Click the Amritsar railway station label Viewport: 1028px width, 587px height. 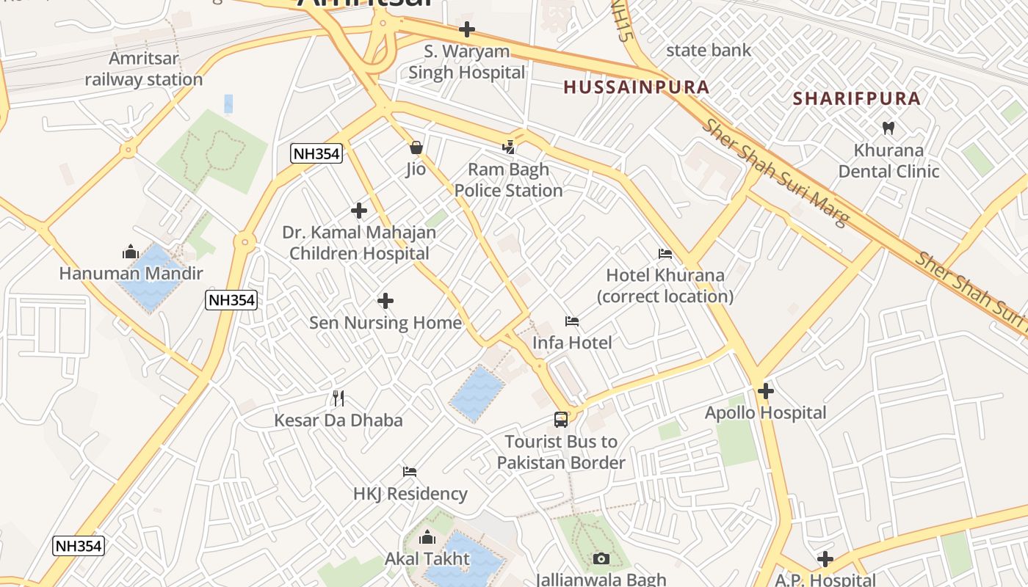(143, 69)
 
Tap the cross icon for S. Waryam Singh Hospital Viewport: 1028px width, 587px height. (466, 30)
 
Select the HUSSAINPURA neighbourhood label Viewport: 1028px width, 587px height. (636, 87)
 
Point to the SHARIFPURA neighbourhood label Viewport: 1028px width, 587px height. (856, 98)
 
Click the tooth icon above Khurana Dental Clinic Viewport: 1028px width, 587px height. (888, 128)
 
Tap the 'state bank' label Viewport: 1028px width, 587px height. (709, 51)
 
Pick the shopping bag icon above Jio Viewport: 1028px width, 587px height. (416, 148)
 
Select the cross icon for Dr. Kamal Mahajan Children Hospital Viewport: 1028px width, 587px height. (359, 211)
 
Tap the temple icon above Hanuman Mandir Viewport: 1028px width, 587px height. (131, 252)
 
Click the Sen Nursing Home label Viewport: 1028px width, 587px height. (385, 323)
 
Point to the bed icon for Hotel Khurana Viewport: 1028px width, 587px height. (665, 254)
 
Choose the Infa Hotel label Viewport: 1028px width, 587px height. (572, 343)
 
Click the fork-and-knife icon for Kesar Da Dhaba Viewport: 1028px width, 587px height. (339, 398)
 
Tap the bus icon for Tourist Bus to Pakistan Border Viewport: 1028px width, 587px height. (561, 420)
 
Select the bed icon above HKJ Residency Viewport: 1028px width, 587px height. (410, 472)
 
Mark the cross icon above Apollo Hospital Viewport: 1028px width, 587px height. (766, 391)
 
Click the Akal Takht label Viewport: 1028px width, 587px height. (427, 559)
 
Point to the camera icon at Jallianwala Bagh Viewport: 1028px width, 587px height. (601, 559)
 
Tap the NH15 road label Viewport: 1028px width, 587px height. (621, 21)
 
